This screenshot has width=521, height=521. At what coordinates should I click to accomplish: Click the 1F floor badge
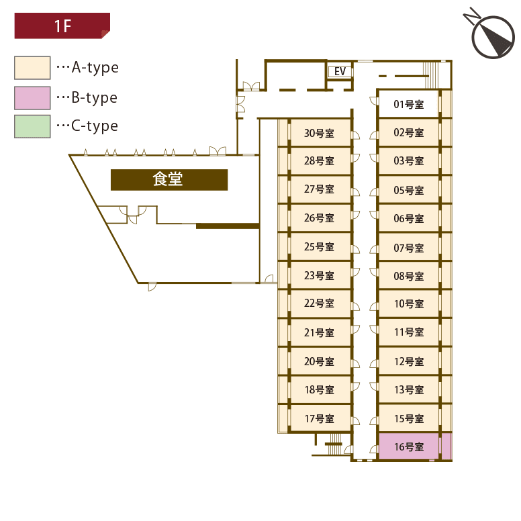point(62,26)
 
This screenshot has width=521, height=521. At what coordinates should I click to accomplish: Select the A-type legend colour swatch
point(32,68)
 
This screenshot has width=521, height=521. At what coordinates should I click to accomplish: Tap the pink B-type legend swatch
point(32,98)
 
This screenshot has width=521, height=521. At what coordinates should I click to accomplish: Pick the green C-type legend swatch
point(32,126)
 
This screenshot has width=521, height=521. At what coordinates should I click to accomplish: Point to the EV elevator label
point(340,71)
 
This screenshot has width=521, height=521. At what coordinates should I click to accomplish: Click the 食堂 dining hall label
point(169,180)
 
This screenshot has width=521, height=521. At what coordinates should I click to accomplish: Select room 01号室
point(409,104)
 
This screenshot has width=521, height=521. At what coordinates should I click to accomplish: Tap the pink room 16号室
point(409,447)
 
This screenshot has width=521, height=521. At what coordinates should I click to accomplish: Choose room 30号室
point(319,133)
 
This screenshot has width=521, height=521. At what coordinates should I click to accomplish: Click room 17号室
point(319,419)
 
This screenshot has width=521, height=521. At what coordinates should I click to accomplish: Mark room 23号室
point(319,275)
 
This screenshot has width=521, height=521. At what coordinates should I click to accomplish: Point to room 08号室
point(409,276)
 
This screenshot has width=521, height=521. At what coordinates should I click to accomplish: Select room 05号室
point(409,191)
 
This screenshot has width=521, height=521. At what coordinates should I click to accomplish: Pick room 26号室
point(319,218)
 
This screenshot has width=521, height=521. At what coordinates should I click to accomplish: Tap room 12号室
point(409,362)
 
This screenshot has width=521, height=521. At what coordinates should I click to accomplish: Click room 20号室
point(319,362)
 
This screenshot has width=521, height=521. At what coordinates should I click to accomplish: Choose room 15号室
point(409,419)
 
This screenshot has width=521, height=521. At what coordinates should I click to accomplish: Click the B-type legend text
point(94,98)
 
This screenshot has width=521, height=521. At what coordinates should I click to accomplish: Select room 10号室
point(409,304)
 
